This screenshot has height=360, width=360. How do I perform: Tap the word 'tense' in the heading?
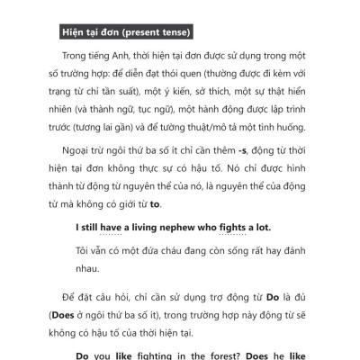[x=175, y=33]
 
